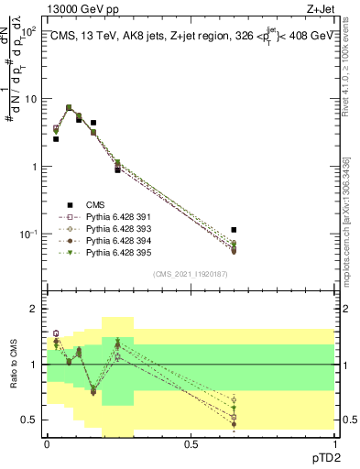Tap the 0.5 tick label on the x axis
190,442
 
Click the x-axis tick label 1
334,442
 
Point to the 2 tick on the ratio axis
33,309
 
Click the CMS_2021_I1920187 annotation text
190,274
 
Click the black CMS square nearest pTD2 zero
56,139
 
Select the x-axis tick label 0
47,442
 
